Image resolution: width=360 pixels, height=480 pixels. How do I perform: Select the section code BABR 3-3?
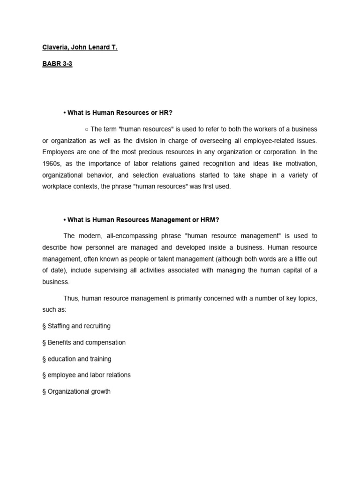(x=57, y=64)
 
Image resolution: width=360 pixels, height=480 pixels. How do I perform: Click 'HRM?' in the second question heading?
(x=211, y=220)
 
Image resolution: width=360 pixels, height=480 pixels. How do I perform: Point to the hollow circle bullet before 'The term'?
(x=87, y=129)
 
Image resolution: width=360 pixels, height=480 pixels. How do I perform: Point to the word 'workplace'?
(x=56, y=187)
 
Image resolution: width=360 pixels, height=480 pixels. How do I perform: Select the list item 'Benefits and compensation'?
(x=84, y=342)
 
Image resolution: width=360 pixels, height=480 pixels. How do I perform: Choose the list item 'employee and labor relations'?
(x=86, y=375)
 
